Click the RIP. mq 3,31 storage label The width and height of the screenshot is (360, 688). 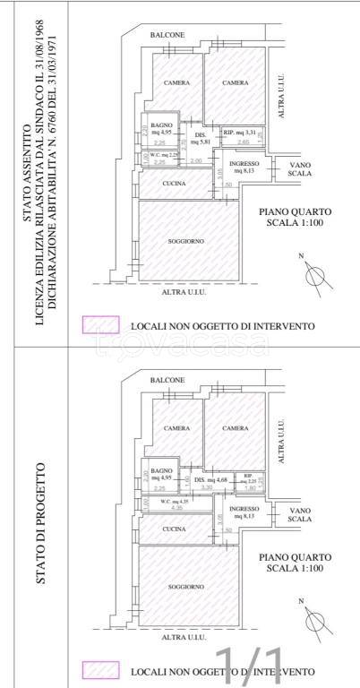pyautogui.click(x=240, y=133)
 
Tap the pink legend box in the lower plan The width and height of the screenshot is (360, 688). pyautogui.click(x=100, y=669)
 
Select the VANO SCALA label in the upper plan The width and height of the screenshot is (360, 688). pyautogui.click(x=300, y=169)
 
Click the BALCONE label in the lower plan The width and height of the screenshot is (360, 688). pyautogui.click(x=167, y=380)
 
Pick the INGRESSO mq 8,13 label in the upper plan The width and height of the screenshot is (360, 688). pyautogui.click(x=244, y=168)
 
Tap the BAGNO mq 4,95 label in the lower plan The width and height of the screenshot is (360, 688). pyautogui.click(x=161, y=474)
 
